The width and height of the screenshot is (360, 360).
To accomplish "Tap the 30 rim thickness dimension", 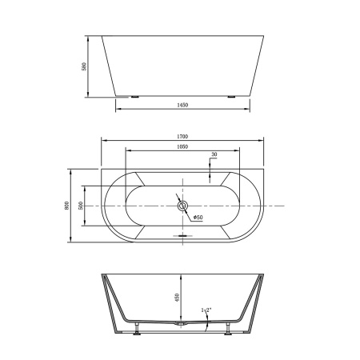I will coord(214,154).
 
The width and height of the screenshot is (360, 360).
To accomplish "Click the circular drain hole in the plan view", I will coord(182,206).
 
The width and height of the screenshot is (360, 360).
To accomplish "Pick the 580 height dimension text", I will coord(84,66).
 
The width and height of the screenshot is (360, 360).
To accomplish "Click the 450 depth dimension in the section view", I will coord(176,299).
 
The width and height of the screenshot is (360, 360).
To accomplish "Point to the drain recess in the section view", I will coord(182,326).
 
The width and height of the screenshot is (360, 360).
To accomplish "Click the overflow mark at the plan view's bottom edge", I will coord(183,236).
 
